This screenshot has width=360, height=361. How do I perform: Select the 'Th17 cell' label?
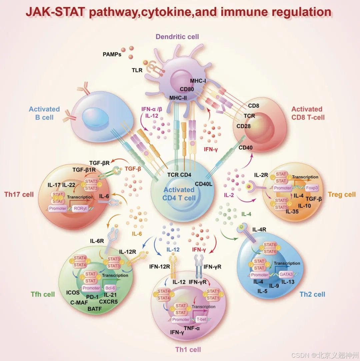(x=19, y=194)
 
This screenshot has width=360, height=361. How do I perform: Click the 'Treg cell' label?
(x=342, y=194)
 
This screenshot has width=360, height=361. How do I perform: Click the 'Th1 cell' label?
(x=188, y=349)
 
